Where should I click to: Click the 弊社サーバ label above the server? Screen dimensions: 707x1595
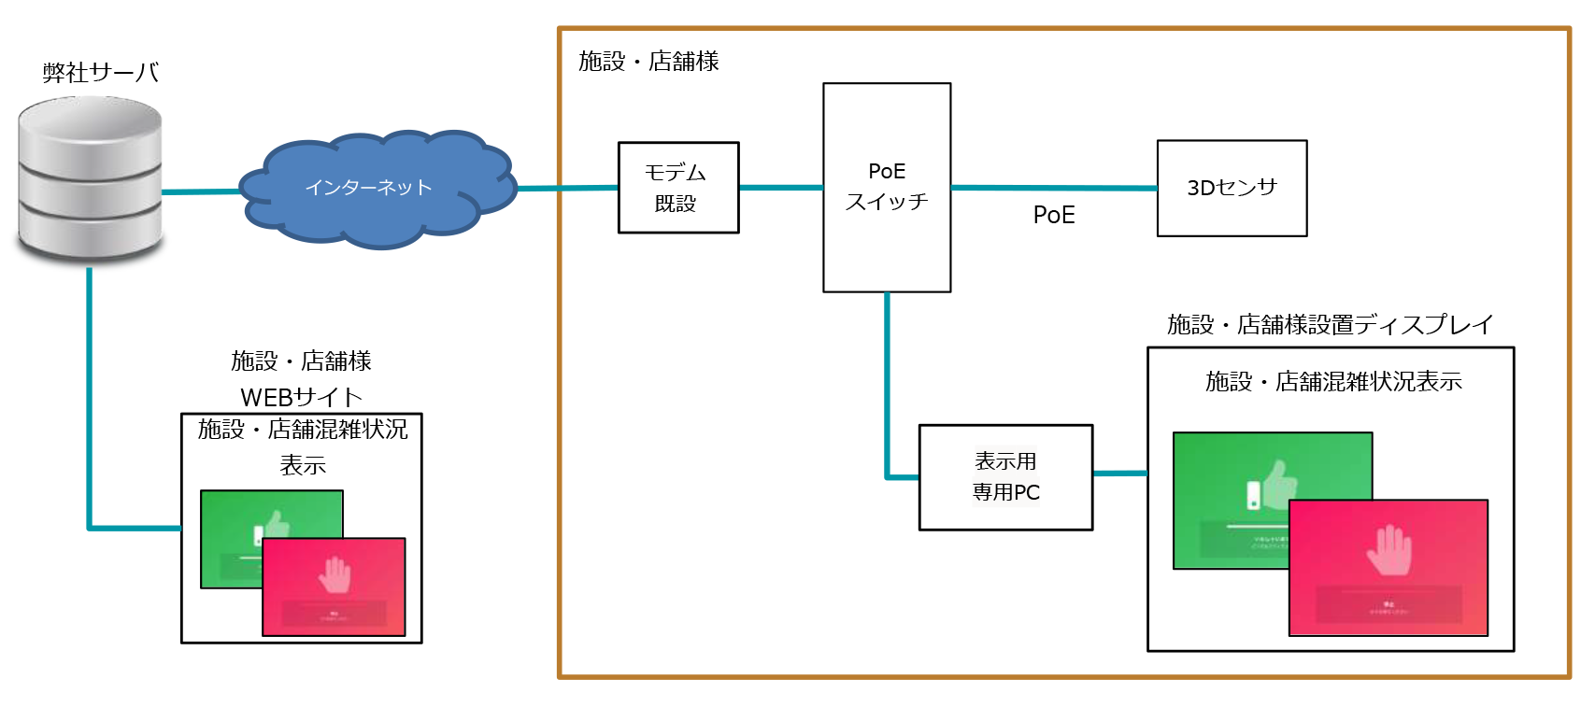click(x=100, y=72)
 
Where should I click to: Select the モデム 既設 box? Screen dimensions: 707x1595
click(x=678, y=187)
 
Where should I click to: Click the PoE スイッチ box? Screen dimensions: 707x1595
click(x=887, y=187)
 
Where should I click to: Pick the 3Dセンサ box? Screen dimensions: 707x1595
click(x=1232, y=188)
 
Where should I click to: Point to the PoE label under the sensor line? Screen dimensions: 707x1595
click(x=1054, y=215)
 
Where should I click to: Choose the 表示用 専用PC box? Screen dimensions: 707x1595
click(x=1005, y=477)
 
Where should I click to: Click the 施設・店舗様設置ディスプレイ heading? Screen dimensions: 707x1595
click(x=1330, y=324)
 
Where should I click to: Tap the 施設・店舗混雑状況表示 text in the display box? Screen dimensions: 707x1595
click(x=1333, y=381)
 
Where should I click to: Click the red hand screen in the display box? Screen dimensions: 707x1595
click(x=1389, y=568)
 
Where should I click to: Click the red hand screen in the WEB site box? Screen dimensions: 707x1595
click(x=334, y=587)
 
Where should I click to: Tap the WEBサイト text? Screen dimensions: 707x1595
click(x=301, y=397)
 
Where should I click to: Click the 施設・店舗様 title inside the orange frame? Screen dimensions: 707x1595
click(x=648, y=61)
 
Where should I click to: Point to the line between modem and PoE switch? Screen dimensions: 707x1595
click(x=781, y=187)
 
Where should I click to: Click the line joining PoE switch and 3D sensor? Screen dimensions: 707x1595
click(x=1054, y=188)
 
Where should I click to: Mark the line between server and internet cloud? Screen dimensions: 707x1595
click(x=201, y=191)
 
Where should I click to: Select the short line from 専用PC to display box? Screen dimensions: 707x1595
click(x=1120, y=474)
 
